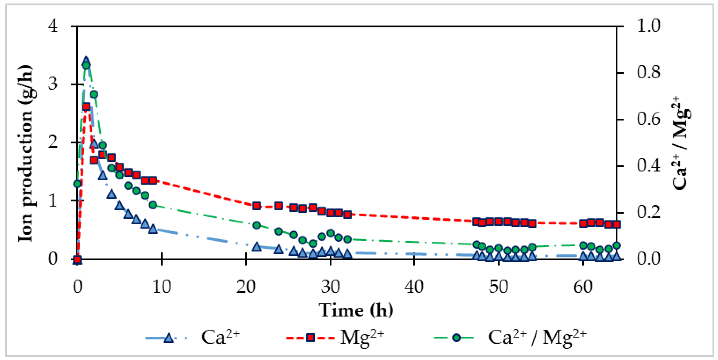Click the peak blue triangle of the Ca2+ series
[86, 61]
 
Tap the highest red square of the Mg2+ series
[86, 106]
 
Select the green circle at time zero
[77, 183]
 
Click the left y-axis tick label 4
[53, 26]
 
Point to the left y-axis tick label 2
[53, 142]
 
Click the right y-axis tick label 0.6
[648, 119]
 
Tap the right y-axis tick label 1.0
[648, 26]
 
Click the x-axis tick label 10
[162, 286]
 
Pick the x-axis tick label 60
[583, 286]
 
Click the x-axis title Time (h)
[356, 310]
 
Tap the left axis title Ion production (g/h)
[26, 153]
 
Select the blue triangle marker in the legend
[168, 338]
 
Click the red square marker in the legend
[310, 338]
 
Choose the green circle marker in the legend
[456, 338]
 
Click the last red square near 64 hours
[616, 224]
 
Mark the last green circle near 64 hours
[616, 245]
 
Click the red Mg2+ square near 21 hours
[256, 206]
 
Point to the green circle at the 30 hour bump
[330, 233]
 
